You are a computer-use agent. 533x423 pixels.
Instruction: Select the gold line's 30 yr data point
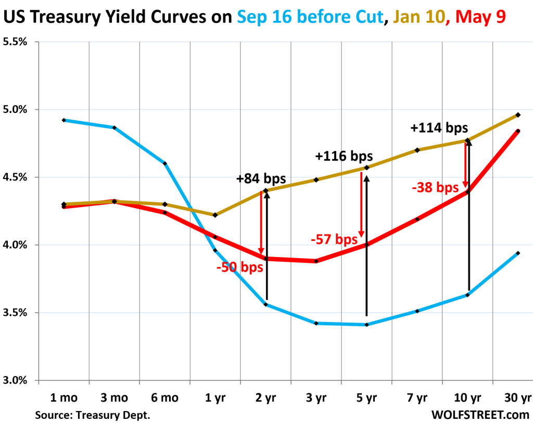pos(518,114)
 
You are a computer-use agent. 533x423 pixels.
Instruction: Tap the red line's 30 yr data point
pos(518,131)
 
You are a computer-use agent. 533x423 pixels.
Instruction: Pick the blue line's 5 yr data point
pos(367,325)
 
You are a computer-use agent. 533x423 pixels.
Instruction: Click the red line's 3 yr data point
pos(316,261)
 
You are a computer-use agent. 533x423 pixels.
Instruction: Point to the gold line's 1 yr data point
pos(215,215)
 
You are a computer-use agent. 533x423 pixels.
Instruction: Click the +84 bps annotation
pos(261,179)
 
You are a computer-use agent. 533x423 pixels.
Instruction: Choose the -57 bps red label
pos(334,240)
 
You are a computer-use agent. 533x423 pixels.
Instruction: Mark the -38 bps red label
pos(435,187)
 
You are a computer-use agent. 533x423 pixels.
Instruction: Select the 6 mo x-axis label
pos(164,399)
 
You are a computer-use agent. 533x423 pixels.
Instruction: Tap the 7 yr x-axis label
pos(417,399)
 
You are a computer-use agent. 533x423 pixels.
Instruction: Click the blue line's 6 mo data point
pos(164,163)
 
